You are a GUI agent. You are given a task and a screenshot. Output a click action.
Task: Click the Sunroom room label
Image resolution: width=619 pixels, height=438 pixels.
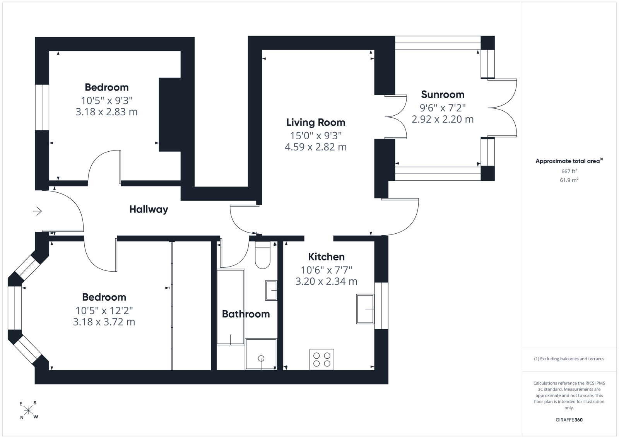(443, 94)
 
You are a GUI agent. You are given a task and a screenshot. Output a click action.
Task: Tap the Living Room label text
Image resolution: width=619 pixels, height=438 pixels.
(316, 122)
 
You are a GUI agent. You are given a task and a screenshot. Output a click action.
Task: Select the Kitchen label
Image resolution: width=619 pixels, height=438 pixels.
(327, 257)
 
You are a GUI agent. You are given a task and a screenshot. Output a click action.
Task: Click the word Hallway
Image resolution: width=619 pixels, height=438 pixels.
(149, 209)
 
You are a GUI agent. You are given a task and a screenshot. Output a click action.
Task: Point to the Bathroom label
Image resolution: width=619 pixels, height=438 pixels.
(246, 314)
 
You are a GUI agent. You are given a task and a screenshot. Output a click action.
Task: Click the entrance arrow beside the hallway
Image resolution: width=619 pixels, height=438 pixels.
(37, 211)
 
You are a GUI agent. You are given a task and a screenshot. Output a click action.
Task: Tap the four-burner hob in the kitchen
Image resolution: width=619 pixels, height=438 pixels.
(322, 359)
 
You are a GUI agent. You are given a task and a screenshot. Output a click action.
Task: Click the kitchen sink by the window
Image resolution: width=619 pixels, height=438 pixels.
(365, 309)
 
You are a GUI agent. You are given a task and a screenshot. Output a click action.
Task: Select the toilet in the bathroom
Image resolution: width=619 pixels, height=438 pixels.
(263, 255)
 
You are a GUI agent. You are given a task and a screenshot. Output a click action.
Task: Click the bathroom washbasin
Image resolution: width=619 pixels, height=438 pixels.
(271, 291)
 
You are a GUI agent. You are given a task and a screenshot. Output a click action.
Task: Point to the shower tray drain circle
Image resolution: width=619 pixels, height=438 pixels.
(261, 358)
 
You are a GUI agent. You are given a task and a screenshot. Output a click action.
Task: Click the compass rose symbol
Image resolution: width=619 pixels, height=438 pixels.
(28, 411)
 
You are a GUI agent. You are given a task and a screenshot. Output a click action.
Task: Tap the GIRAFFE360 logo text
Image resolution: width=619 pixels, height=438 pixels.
(569, 420)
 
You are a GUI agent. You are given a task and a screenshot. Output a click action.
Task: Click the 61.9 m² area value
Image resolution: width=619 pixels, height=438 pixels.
(569, 180)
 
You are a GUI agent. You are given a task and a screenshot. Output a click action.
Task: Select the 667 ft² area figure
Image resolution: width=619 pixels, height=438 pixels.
(569, 171)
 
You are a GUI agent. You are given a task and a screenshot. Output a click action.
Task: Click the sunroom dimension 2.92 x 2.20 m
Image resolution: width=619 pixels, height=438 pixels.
(443, 119)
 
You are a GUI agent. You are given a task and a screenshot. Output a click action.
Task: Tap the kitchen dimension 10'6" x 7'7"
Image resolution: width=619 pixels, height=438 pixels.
(327, 269)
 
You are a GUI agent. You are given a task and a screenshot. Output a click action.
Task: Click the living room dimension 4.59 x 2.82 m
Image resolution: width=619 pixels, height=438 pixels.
(316, 147)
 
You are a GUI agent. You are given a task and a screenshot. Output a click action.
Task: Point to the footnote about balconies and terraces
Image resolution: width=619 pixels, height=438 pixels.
(569, 359)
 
